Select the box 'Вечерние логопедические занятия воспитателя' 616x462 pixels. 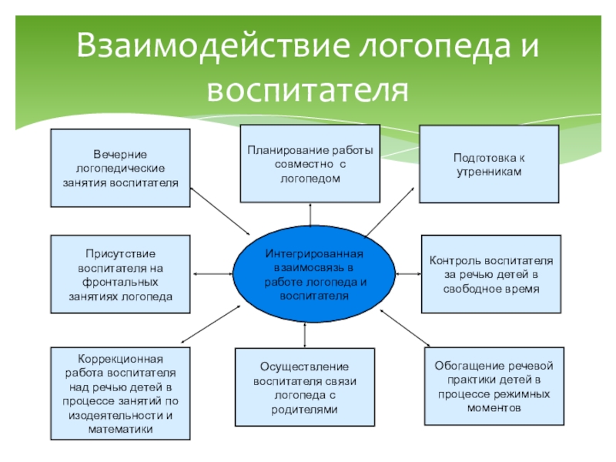pyautogui.click(x=119, y=168)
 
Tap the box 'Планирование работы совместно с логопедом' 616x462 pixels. pyautogui.click(x=310, y=163)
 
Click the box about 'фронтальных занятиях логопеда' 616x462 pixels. pyautogui.click(x=119, y=273)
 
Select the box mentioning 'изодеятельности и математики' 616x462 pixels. pyautogui.click(x=119, y=393)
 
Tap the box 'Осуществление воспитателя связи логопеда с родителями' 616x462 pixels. pyautogui.click(x=305, y=387)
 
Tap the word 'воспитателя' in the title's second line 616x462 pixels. pyautogui.click(x=307, y=89)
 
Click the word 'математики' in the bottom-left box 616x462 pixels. pyautogui.click(x=119, y=428)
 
